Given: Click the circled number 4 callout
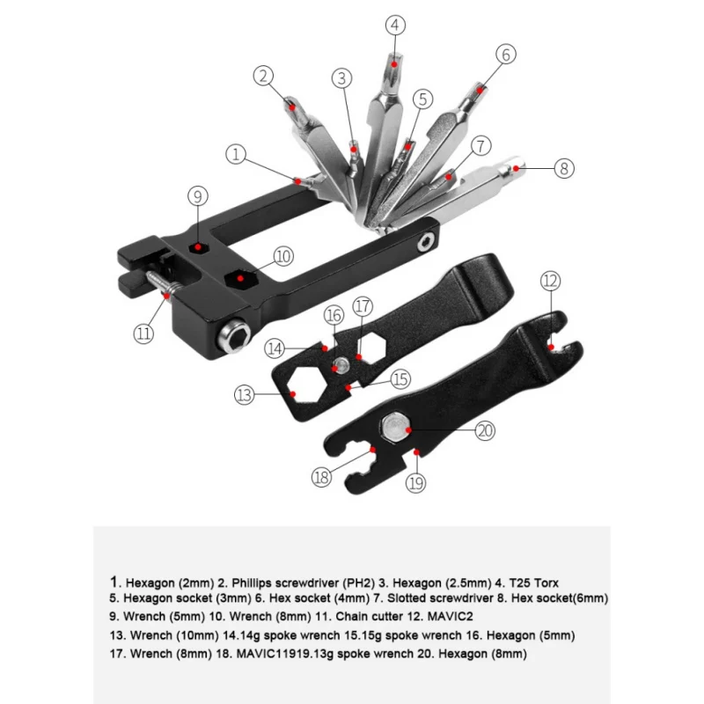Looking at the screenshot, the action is pyautogui.click(x=395, y=26).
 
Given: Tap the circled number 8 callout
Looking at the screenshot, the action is pyautogui.click(x=564, y=168).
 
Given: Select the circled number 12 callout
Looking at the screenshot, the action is pyautogui.click(x=551, y=281).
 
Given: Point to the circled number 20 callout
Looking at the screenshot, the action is pyautogui.click(x=485, y=430).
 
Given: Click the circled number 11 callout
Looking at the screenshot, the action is pyautogui.click(x=143, y=334).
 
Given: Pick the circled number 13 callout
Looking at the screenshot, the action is pyautogui.click(x=245, y=395).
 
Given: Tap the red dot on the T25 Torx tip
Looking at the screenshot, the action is pyautogui.click(x=394, y=64).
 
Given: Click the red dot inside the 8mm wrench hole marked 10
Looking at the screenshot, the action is pyautogui.click(x=240, y=278).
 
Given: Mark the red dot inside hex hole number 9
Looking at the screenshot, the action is pyautogui.click(x=198, y=247).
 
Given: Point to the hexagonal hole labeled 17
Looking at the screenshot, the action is pyautogui.click(x=370, y=347).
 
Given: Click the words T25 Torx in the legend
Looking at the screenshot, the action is pyautogui.click(x=533, y=583).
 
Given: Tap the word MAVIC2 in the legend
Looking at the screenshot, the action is pyautogui.click(x=450, y=617).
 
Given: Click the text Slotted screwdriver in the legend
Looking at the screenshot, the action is pyautogui.click(x=440, y=598).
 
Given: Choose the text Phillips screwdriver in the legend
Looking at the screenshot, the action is pyautogui.click(x=285, y=583).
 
